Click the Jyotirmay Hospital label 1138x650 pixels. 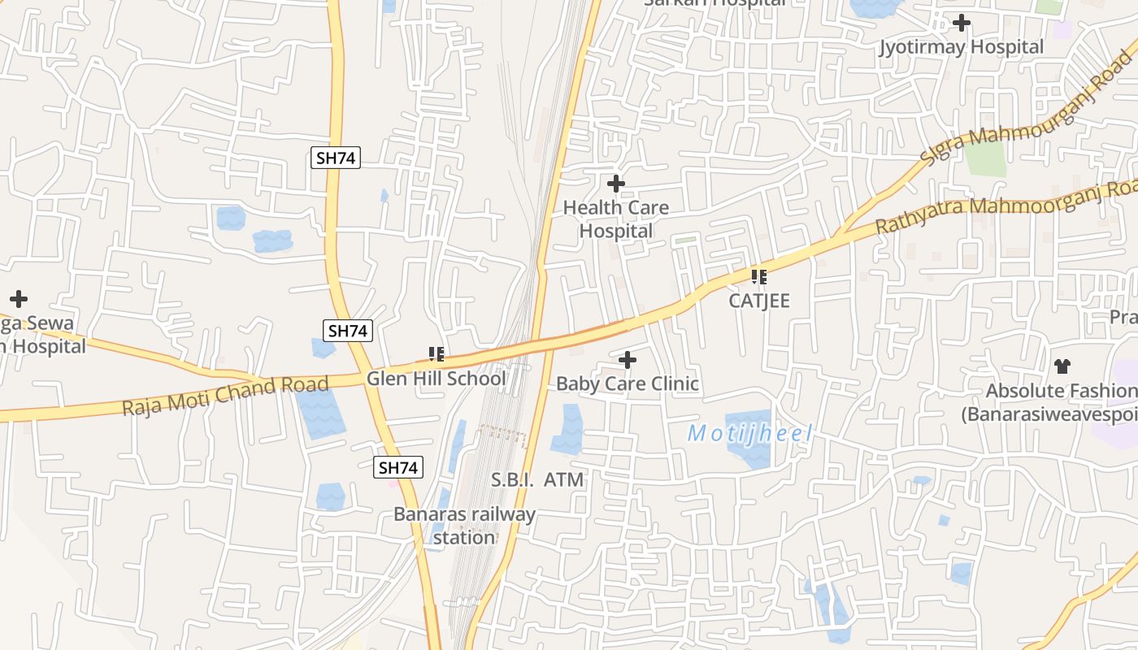coord(961,47)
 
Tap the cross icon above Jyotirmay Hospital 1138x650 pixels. coord(962,23)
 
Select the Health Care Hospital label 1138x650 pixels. coord(616,219)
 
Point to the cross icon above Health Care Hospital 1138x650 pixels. coord(616,184)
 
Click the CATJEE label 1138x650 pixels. coord(759,301)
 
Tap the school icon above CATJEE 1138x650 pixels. coord(759,277)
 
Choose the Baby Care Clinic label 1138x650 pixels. coord(628,383)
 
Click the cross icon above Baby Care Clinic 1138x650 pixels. coord(628,360)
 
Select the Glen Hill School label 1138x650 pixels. coord(436,379)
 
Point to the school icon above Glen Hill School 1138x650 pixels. coord(437,354)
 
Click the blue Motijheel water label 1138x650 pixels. coord(749,434)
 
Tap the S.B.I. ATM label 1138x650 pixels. coord(537,480)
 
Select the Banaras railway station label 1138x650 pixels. coord(464,526)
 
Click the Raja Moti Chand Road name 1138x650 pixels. coord(225,396)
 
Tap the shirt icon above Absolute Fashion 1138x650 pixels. coord(1062,366)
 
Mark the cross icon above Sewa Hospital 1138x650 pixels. coord(18,299)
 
